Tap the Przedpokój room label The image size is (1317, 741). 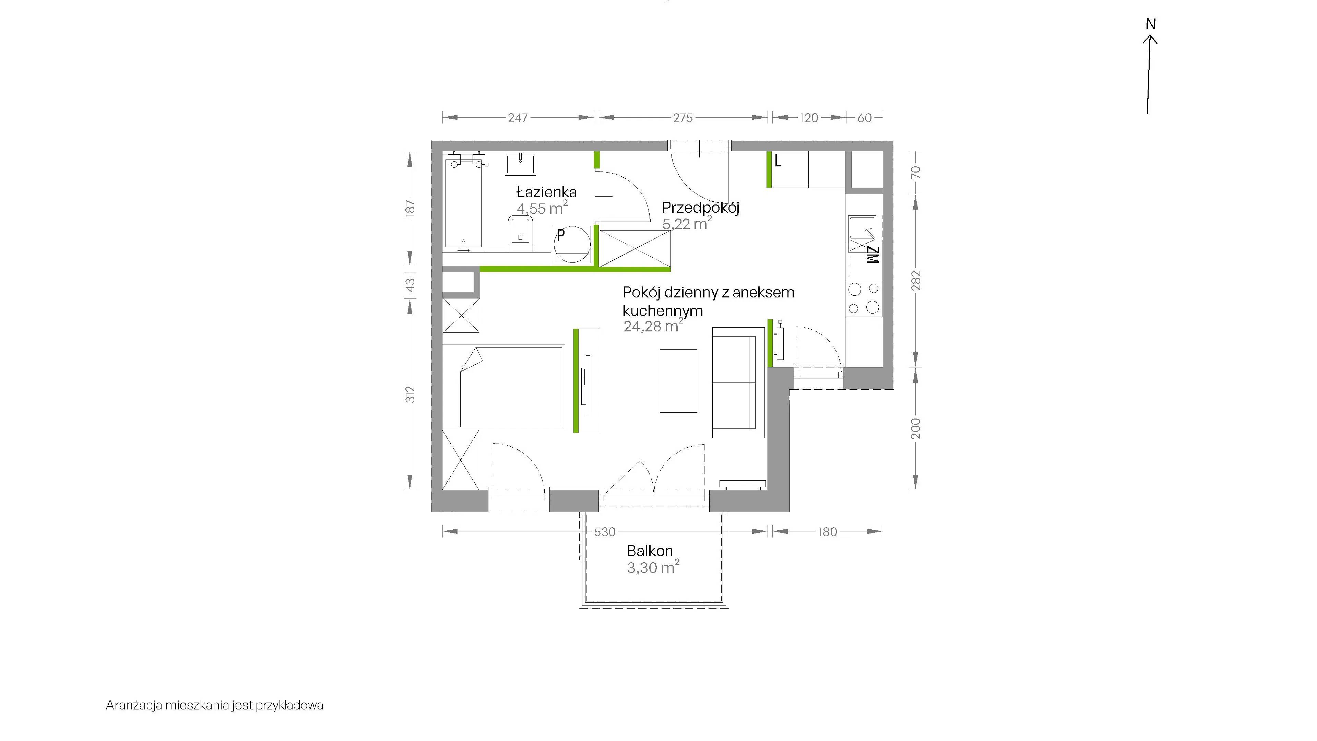(700, 208)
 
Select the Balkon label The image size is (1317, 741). (650, 551)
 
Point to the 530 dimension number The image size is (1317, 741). (604, 532)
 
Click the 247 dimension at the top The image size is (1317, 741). (518, 118)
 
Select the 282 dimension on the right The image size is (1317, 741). (916, 280)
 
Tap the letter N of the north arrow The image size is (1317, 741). (1150, 24)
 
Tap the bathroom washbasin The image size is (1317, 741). (520, 164)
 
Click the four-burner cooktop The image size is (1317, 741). (864, 298)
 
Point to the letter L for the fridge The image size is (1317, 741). (778, 162)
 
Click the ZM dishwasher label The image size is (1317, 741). (872, 255)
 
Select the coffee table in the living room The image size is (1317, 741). (678, 381)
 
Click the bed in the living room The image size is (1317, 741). (503, 387)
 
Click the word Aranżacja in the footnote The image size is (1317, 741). (134, 706)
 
